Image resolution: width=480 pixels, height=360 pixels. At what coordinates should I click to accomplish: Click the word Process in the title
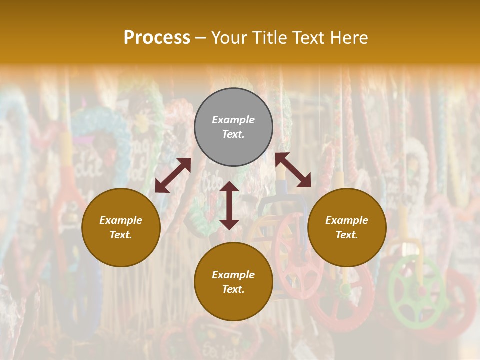pyautogui.click(x=157, y=38)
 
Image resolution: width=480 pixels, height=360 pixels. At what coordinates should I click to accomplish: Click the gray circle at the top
pyautogui.click(x=233, y=127)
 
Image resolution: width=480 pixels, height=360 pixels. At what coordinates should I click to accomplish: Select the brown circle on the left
pyautogui.click(x=121, y=227)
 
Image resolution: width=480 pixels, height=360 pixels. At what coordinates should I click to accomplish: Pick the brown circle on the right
pyautogui.click(x=347, y=227)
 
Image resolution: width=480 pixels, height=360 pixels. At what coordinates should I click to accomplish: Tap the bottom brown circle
pyautogui.click(x=233, y=282)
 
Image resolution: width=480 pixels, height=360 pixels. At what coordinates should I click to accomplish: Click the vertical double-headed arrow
pyautogui.click(x=229, y=205)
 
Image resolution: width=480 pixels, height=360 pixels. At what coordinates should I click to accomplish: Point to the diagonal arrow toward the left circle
pyautogui.click(x=173, y=175)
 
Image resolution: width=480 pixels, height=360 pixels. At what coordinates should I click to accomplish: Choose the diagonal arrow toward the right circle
pyautogui.click(x=293, y=170)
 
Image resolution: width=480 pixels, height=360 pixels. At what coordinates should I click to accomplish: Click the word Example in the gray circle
pyautogui.click(x=233, y=120)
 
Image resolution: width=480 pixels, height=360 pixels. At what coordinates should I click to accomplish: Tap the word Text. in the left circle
pyautogui.click(x=121, y=235)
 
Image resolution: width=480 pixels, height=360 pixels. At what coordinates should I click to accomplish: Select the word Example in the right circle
pyautogui.click(x=347, y=220)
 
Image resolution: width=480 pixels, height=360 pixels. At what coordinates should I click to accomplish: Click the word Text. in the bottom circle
pyautogui.click(x=233, y=289)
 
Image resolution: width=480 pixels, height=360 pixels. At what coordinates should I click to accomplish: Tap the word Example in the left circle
pyautogui.click(x=121, y=220)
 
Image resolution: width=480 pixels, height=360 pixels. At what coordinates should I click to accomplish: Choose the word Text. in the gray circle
pyautogui.click(x=233, y=134)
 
